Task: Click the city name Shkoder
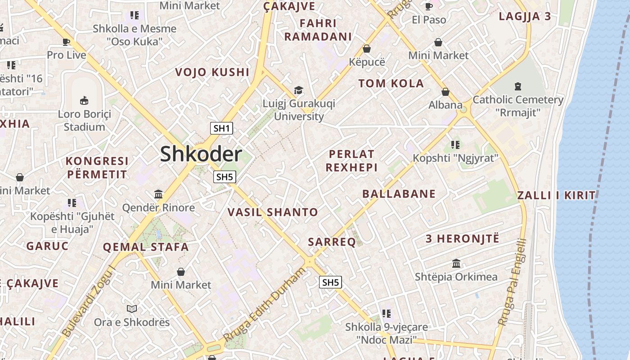pos(201,154)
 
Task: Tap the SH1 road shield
pos(221,128)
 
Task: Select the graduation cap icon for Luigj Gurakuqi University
pos(298,90)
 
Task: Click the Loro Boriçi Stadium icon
pos(84,100)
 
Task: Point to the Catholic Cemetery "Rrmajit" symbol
pos(517,86)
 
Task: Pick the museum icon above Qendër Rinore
pos(158,194)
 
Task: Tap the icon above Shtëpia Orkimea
pos(456,263)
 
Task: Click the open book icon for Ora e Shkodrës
pos(131,309)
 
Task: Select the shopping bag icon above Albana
pos(445,92)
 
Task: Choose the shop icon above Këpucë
pos(367,49)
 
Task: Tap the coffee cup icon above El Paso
pos(429,6)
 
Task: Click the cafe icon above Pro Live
pos(66,42)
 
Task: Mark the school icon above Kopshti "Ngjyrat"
pos(455,145)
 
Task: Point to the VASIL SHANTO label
pos(273,212)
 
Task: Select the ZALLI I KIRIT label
pos(556,195)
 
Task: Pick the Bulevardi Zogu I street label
pos(89,301)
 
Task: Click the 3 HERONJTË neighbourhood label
pos(463,238)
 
